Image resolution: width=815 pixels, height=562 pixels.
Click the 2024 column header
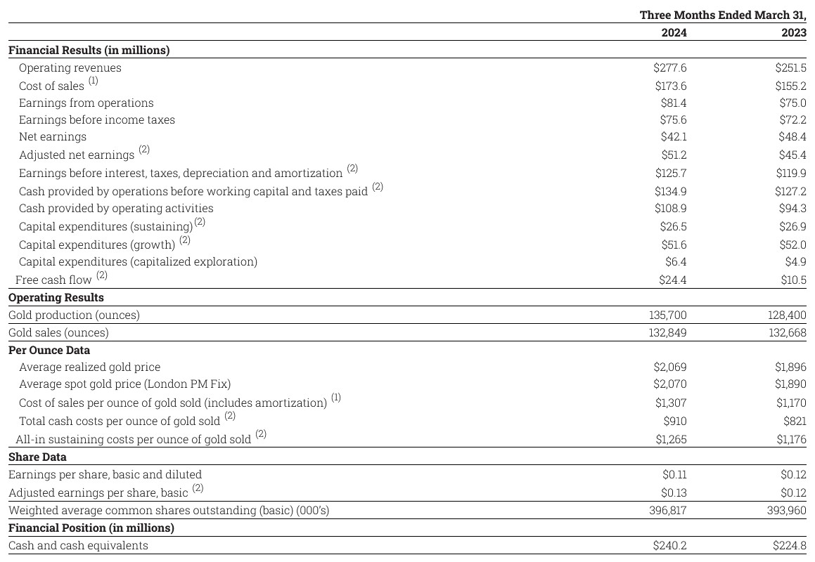point(674,32)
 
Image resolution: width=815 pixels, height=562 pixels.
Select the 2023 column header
point(793,32)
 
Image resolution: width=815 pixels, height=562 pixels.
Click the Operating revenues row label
point(70,68)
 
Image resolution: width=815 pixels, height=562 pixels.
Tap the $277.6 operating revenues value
point(669,68)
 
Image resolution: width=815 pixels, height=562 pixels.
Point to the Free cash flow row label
point(53,280)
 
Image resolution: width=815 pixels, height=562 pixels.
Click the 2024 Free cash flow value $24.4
point(673,280)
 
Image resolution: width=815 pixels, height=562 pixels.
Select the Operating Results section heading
point(56,297)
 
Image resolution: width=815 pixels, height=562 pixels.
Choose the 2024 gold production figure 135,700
point(667,315)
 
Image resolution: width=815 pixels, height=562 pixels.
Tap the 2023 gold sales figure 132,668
point(787,333)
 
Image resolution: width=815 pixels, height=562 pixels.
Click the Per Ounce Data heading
point(49,350)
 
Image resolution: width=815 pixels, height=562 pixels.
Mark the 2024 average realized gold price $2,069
point(670,367)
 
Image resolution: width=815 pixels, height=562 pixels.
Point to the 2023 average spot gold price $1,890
point(790,384)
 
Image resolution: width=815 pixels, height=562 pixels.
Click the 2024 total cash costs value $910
point(675,421)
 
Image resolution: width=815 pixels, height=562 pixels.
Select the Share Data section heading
point(37,457)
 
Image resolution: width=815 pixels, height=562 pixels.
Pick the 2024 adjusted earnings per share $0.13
point(674,492)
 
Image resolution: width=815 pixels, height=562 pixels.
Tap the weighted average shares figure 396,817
point(667,511)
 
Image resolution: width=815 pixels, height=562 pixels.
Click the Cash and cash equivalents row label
point(78,546)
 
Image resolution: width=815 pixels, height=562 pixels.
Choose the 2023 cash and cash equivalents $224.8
point(790,546)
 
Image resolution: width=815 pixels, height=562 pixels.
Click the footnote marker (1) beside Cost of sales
point(94,81)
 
